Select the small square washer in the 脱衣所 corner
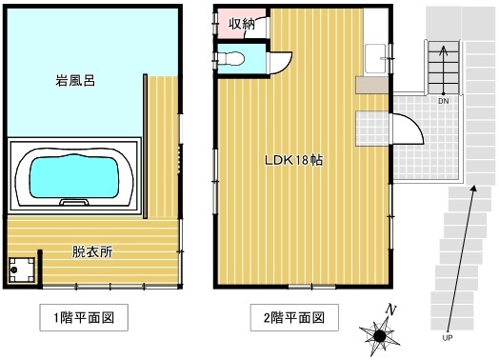click(21, 269)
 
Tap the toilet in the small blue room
click(231, 59)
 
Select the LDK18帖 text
click(293, 160)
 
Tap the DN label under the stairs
click(444, 100)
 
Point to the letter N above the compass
click(389, 310)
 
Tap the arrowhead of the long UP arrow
click(473, 193)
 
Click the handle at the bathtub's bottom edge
click(74, 203)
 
